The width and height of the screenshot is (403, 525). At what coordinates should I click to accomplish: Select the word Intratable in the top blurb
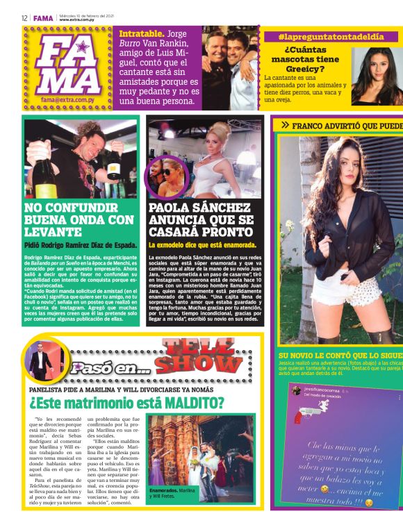click(141, 33)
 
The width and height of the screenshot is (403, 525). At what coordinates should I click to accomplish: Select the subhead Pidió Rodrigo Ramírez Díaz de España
click(80, 245)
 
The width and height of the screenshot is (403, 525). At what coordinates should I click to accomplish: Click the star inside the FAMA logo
click(83, 48)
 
